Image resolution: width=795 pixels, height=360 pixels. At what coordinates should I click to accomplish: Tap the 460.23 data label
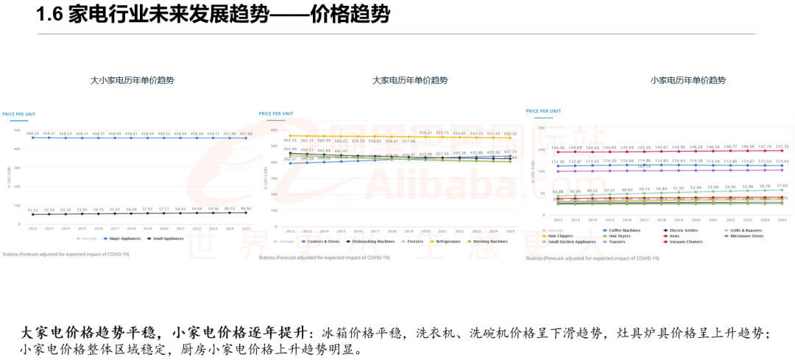click(33, 133)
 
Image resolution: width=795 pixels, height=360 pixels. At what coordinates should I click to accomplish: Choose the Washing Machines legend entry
click(489, 241)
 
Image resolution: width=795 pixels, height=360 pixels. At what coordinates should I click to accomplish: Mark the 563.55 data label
click(290, 140)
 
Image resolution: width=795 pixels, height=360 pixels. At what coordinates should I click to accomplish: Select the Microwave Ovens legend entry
click(745, 236)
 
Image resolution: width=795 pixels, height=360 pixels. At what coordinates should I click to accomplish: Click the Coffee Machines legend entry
click(622, 230)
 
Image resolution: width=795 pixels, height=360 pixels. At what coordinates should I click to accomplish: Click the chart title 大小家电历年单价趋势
click(132, 80)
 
